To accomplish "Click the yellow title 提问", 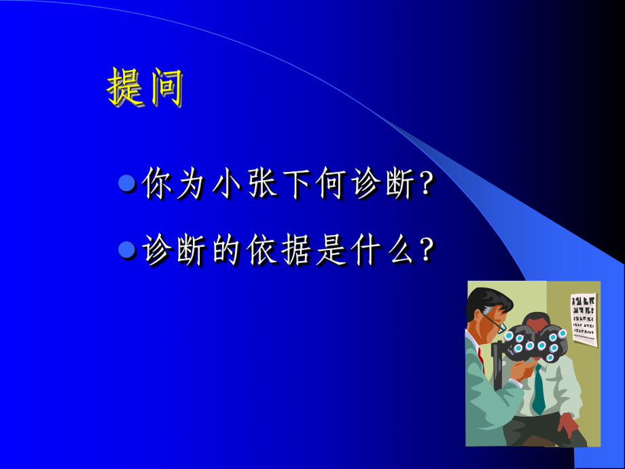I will tap(145, 87).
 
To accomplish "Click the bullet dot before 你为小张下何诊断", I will tap(127, 184).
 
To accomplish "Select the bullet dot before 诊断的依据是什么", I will tap(127, 250).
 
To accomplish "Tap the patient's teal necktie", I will tap(539, 391).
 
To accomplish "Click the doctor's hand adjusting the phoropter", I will tap(520, 370).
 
